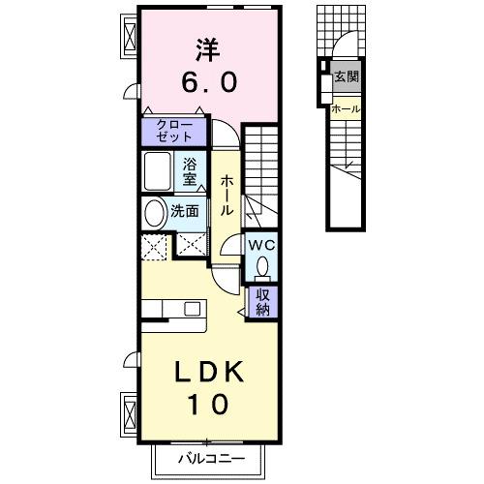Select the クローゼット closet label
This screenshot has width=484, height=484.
click(174, 131)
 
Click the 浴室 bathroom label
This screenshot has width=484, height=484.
click(191, 170)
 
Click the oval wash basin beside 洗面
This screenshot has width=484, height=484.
click(155, 212)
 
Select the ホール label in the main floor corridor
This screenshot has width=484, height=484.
click(227, 195)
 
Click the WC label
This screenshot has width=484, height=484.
click(262, 245)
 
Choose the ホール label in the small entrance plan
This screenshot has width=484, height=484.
click(346, 109)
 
